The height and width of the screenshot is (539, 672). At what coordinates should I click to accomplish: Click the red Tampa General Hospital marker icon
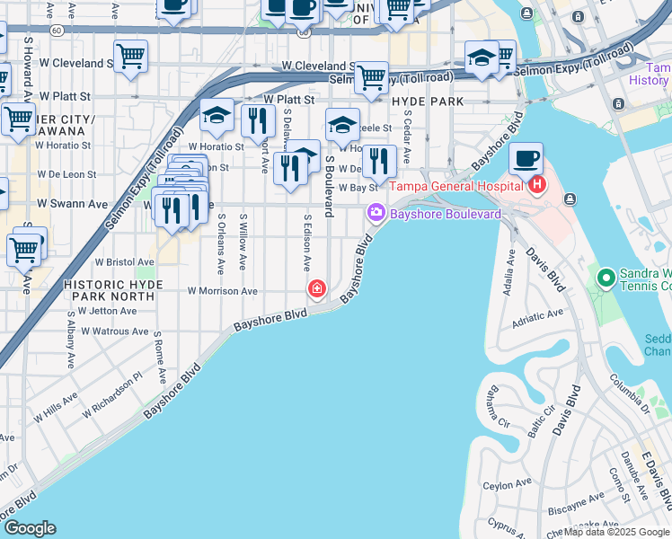coord(538,186)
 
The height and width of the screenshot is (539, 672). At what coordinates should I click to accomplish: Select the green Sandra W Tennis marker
coord(606,278)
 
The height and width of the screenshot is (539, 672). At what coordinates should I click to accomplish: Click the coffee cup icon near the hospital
coord(526,160)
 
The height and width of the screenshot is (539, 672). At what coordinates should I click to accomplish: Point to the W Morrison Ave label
coord(222,291)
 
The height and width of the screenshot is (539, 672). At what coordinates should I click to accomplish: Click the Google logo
coord(30,528)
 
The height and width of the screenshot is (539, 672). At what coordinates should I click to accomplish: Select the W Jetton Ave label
coord(107,311)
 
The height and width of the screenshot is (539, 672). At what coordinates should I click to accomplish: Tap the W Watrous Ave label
coord(115,331)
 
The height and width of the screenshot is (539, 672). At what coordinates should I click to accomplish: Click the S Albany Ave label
coord(70,342)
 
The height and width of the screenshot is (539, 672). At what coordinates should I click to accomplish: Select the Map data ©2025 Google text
coord(616,532)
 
